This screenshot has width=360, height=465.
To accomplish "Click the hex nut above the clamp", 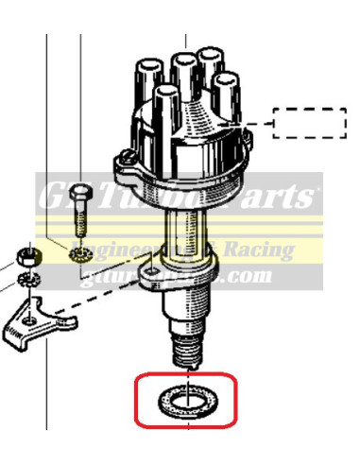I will click(x=29, y=256).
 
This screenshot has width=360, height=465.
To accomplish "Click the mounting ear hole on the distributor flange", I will click(x=148, y=274).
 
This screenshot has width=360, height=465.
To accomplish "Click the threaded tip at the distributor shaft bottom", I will click(x=185, y=352).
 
